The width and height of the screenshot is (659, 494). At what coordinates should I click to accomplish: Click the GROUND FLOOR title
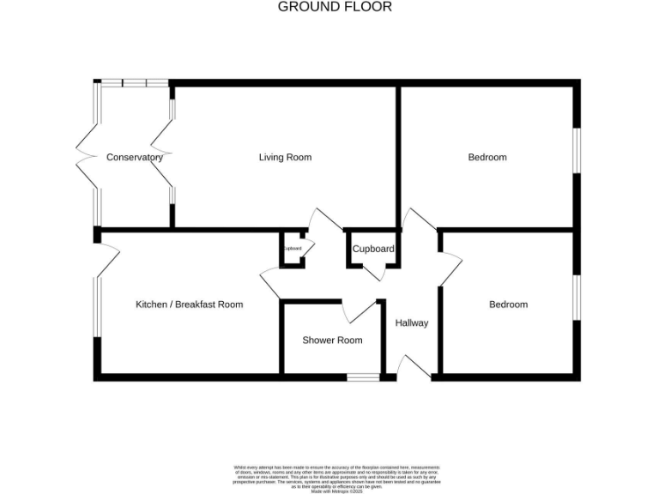[335, 7]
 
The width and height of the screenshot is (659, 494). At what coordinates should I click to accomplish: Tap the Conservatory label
[135, 158]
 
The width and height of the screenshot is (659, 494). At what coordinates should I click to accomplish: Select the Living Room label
[285, 158]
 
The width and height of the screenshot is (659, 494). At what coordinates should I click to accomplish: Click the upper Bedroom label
[487, 158]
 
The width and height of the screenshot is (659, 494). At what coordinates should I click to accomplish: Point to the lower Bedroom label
[508, 304]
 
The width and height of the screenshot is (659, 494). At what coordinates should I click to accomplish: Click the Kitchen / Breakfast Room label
[189, 304]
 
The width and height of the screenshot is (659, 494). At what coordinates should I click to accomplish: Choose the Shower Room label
[332, 340]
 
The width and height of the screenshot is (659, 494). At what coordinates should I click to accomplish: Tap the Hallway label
[411, 323]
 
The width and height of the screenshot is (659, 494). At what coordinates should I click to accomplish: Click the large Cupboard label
[373, 250]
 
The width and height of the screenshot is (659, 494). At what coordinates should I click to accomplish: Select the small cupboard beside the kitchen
[293, 249]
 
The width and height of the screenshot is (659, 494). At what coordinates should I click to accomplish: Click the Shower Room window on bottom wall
[364, 377]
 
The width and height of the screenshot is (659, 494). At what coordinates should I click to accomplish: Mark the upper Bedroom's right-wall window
[577, 157]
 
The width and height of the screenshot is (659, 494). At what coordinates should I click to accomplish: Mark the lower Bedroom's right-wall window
[577, 304]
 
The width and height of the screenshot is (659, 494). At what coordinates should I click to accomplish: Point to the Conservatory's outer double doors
[89, 157]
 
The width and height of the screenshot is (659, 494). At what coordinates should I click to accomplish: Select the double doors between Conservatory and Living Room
[163, 157]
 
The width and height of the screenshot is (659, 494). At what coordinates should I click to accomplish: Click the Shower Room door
[360, 310]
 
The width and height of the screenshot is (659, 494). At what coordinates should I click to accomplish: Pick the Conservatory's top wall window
[134, 82]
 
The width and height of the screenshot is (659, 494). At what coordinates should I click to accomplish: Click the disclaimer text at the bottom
[335, 477]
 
